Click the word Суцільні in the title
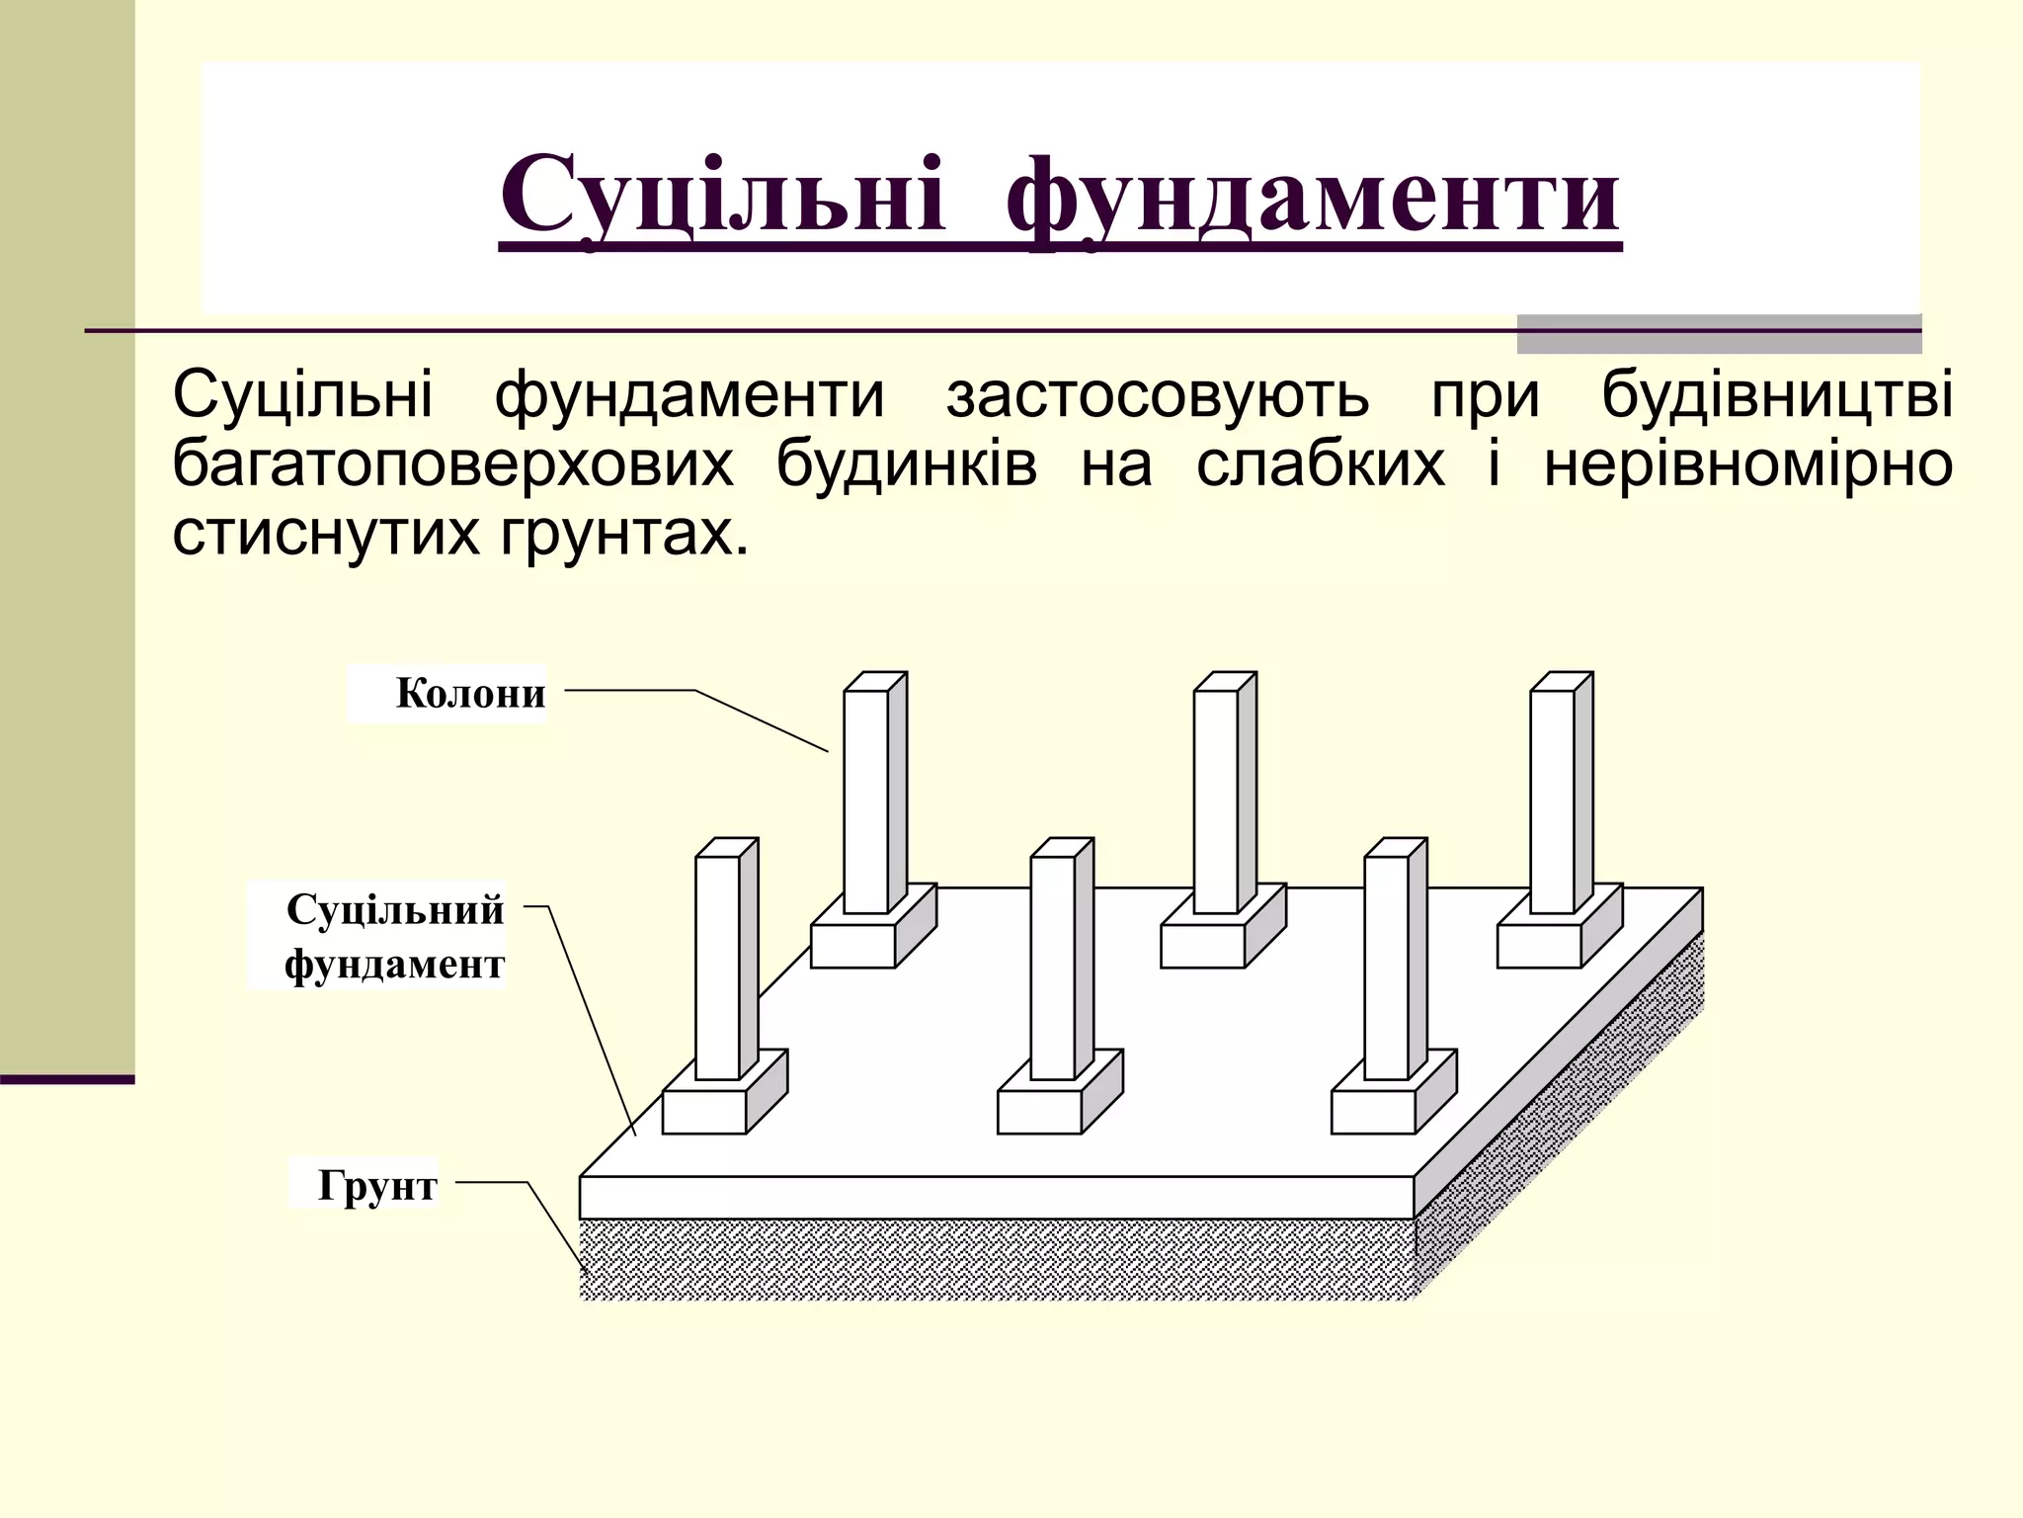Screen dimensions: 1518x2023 tap(722, 195)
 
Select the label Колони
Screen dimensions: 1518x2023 tap(470, 694)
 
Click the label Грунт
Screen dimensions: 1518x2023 tap(376, 1185)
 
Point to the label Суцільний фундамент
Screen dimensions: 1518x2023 tap(394, 936)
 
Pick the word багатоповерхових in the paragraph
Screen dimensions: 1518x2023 tap(453, 464)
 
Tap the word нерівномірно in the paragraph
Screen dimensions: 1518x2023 tap(1747, 464)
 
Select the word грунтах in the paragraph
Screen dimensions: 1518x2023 tap(618, 534)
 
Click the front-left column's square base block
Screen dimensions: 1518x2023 tap(704, 1112)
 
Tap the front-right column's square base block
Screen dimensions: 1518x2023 tap(1373, 1112)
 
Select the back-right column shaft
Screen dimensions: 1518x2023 tap(1552, 801)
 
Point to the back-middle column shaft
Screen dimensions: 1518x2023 tap(1216, 801)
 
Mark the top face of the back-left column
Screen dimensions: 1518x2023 tap(875, 682)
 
